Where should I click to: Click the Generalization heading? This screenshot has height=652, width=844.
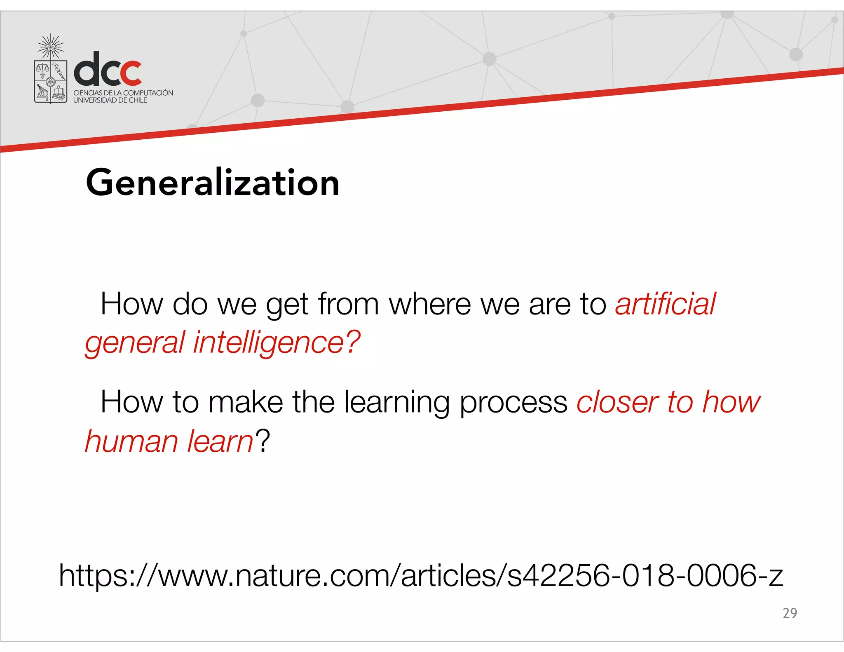click(x=212, y=183)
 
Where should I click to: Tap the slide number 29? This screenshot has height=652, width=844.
click(x=790, y=613)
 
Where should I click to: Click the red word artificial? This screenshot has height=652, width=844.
click(x=666, y=304)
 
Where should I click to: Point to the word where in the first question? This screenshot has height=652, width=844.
click(x=429, y=304)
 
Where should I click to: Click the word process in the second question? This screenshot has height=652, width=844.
click(x=513, y=402)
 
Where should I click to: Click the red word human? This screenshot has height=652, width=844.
click(x=131, y=441)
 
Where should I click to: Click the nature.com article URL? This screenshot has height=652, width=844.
click(x=421, y=575)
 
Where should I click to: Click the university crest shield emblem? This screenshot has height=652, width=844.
click(x=51, y=82)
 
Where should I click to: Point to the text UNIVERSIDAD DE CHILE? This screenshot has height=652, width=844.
click(x=110, y=100)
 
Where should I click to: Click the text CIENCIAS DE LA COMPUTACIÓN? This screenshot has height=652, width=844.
click(x=123, y=93)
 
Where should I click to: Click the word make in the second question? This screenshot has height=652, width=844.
click(x=246, y=402)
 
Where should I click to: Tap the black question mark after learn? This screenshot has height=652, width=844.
click(x=263, y=441)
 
